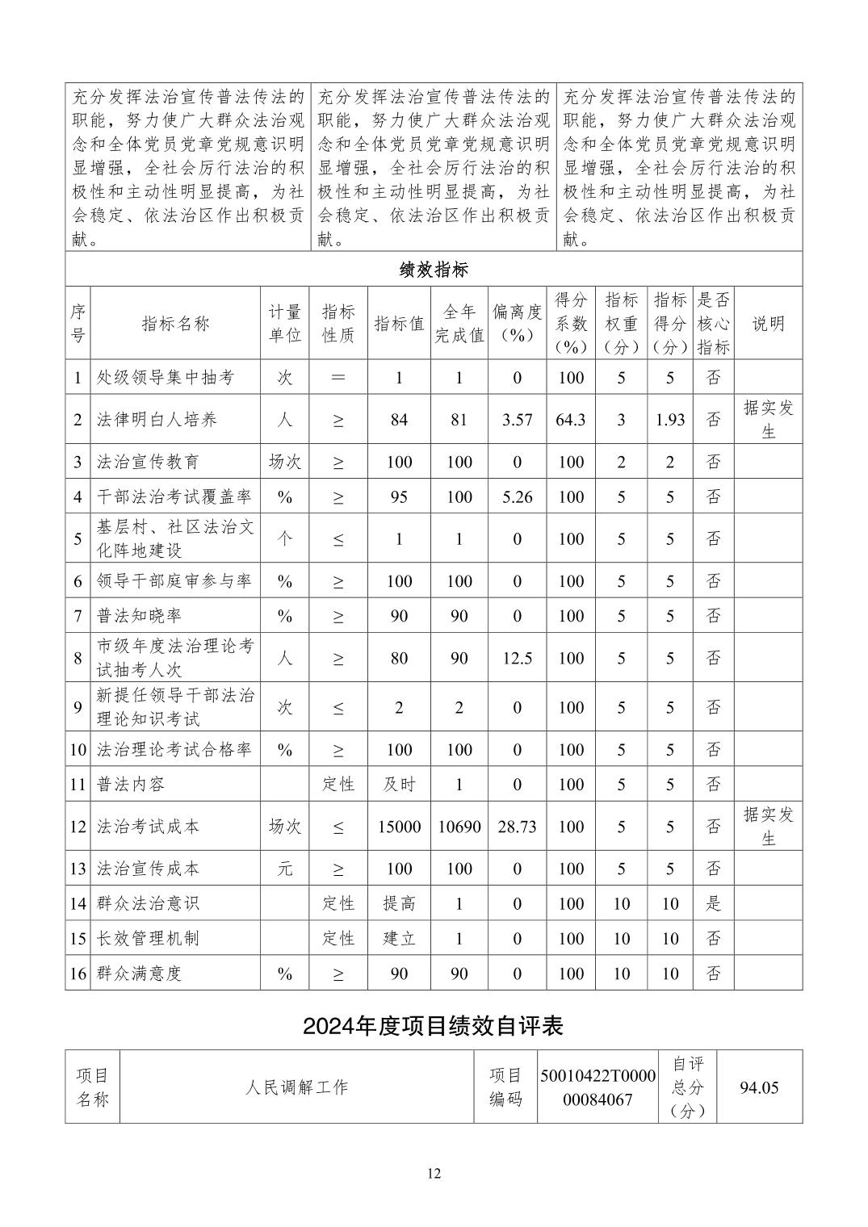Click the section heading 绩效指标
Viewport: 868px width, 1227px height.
(x=434, y=269)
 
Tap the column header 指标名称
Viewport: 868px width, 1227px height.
(x=175, y=324)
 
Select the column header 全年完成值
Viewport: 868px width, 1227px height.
(x=459, y=324)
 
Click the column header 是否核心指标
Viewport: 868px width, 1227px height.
(x=713, y=324)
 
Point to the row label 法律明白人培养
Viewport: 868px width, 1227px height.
(x=157, y=420)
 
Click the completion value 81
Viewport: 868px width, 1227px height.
(x=459, y=420)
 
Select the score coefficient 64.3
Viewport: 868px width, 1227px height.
(x=571, y=420)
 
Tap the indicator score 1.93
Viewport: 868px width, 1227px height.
(x=669, y=420)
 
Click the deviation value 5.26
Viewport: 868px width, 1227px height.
(x=517, y=497)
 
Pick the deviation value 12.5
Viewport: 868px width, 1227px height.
(x=517, y=658)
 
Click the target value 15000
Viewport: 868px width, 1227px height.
(x=399, y=827)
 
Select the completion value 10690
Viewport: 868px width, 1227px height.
(x=459, y=827)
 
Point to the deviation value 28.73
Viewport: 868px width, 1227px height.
(x=517, y=827)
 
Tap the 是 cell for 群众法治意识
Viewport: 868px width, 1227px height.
(x=713, y=903)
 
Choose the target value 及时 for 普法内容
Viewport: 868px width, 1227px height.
(x=399, y=784)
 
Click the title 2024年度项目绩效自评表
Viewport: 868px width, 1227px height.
(x=433, y=1025)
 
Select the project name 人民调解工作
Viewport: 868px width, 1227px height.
(x=296, y=1087)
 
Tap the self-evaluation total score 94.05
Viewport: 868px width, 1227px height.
(x=759, y=1087)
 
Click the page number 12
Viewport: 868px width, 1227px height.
(x=434, y=1174)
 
